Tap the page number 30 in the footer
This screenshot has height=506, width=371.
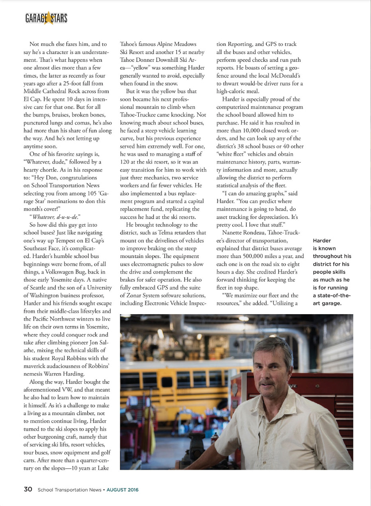tap(27, 489)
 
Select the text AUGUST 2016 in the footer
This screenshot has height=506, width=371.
tap(123, 490)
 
